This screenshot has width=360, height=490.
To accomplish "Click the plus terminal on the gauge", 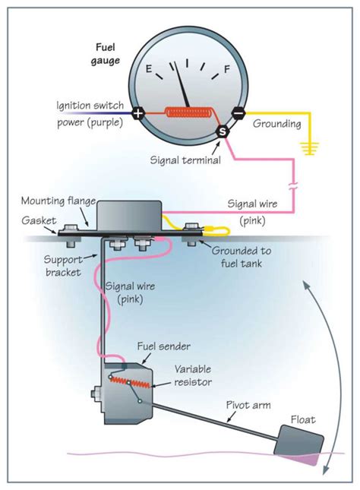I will [137, 114].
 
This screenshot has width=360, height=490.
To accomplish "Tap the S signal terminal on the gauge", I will [223, 132].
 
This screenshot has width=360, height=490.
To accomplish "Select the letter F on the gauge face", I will [226, 69].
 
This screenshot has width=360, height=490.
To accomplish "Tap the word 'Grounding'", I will [277, 123].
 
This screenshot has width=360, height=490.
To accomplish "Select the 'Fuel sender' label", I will [159, 346].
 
